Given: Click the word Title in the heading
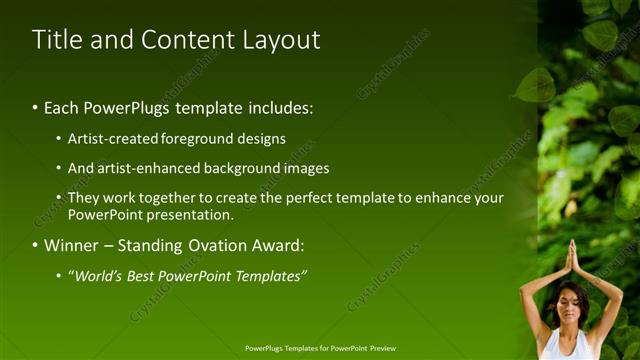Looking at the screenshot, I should point(56,40).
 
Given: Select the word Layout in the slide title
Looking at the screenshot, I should point(281,40).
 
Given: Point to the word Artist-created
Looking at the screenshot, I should point(112,139).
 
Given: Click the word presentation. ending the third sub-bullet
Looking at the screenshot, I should point(190,214).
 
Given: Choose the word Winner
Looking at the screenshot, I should point(73,245).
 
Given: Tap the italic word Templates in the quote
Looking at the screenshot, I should point(267,276).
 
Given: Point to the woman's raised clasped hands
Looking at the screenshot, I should point(572,258).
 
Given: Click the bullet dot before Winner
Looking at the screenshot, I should point(35,246).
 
